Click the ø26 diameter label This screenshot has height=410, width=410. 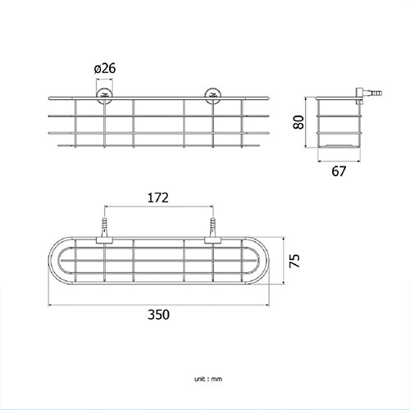105,68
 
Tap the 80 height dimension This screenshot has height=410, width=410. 298,122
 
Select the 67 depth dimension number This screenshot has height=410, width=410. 339,171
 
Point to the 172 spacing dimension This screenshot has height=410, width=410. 158,198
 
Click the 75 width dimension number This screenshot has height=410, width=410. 294,261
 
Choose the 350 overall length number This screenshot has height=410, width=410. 158,315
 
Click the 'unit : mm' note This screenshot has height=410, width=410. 208,379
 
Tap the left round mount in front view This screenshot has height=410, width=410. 104,96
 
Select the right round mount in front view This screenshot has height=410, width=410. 213,96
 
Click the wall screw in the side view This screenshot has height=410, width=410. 369,94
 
